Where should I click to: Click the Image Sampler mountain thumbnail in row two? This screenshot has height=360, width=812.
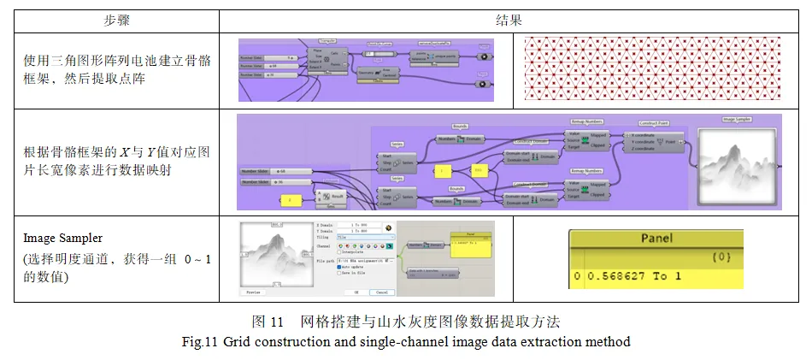tap(736, 164)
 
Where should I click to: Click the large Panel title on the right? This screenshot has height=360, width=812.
tap(656, 238)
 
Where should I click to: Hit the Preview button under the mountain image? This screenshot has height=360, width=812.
tap(253, 292)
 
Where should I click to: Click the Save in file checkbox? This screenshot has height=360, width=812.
tap(340, 273)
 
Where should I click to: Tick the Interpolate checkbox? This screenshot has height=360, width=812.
tap(340, 252)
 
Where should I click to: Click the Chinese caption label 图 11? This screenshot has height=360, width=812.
tap(267, 323)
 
